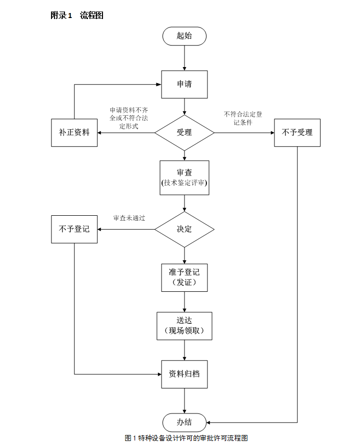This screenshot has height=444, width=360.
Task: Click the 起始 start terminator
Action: [184, 36]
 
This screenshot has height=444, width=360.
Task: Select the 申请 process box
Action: [184, 84]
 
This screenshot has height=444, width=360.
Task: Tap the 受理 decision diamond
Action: [184, 133]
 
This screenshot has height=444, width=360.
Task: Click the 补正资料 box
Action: [74, 133]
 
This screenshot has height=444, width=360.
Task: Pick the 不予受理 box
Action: [297, 133]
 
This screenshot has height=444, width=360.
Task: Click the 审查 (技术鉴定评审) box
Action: [184, 178]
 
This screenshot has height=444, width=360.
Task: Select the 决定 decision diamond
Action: [184, 229]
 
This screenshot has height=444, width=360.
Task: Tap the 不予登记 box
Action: [74, 229]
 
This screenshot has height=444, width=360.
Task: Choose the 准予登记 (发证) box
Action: [184, 277]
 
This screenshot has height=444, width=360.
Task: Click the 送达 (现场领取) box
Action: [184, 325]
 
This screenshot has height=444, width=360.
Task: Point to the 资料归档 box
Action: [184, 373]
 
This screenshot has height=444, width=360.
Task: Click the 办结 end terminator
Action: [184, 422]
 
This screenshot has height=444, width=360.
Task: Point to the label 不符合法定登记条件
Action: [243, 118]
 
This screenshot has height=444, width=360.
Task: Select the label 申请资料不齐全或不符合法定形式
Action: [129, 118]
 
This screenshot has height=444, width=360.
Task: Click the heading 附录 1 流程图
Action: [77, 16]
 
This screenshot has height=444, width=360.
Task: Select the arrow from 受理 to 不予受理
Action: [244, 133]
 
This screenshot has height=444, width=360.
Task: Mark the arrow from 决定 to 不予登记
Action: [126, 229]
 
